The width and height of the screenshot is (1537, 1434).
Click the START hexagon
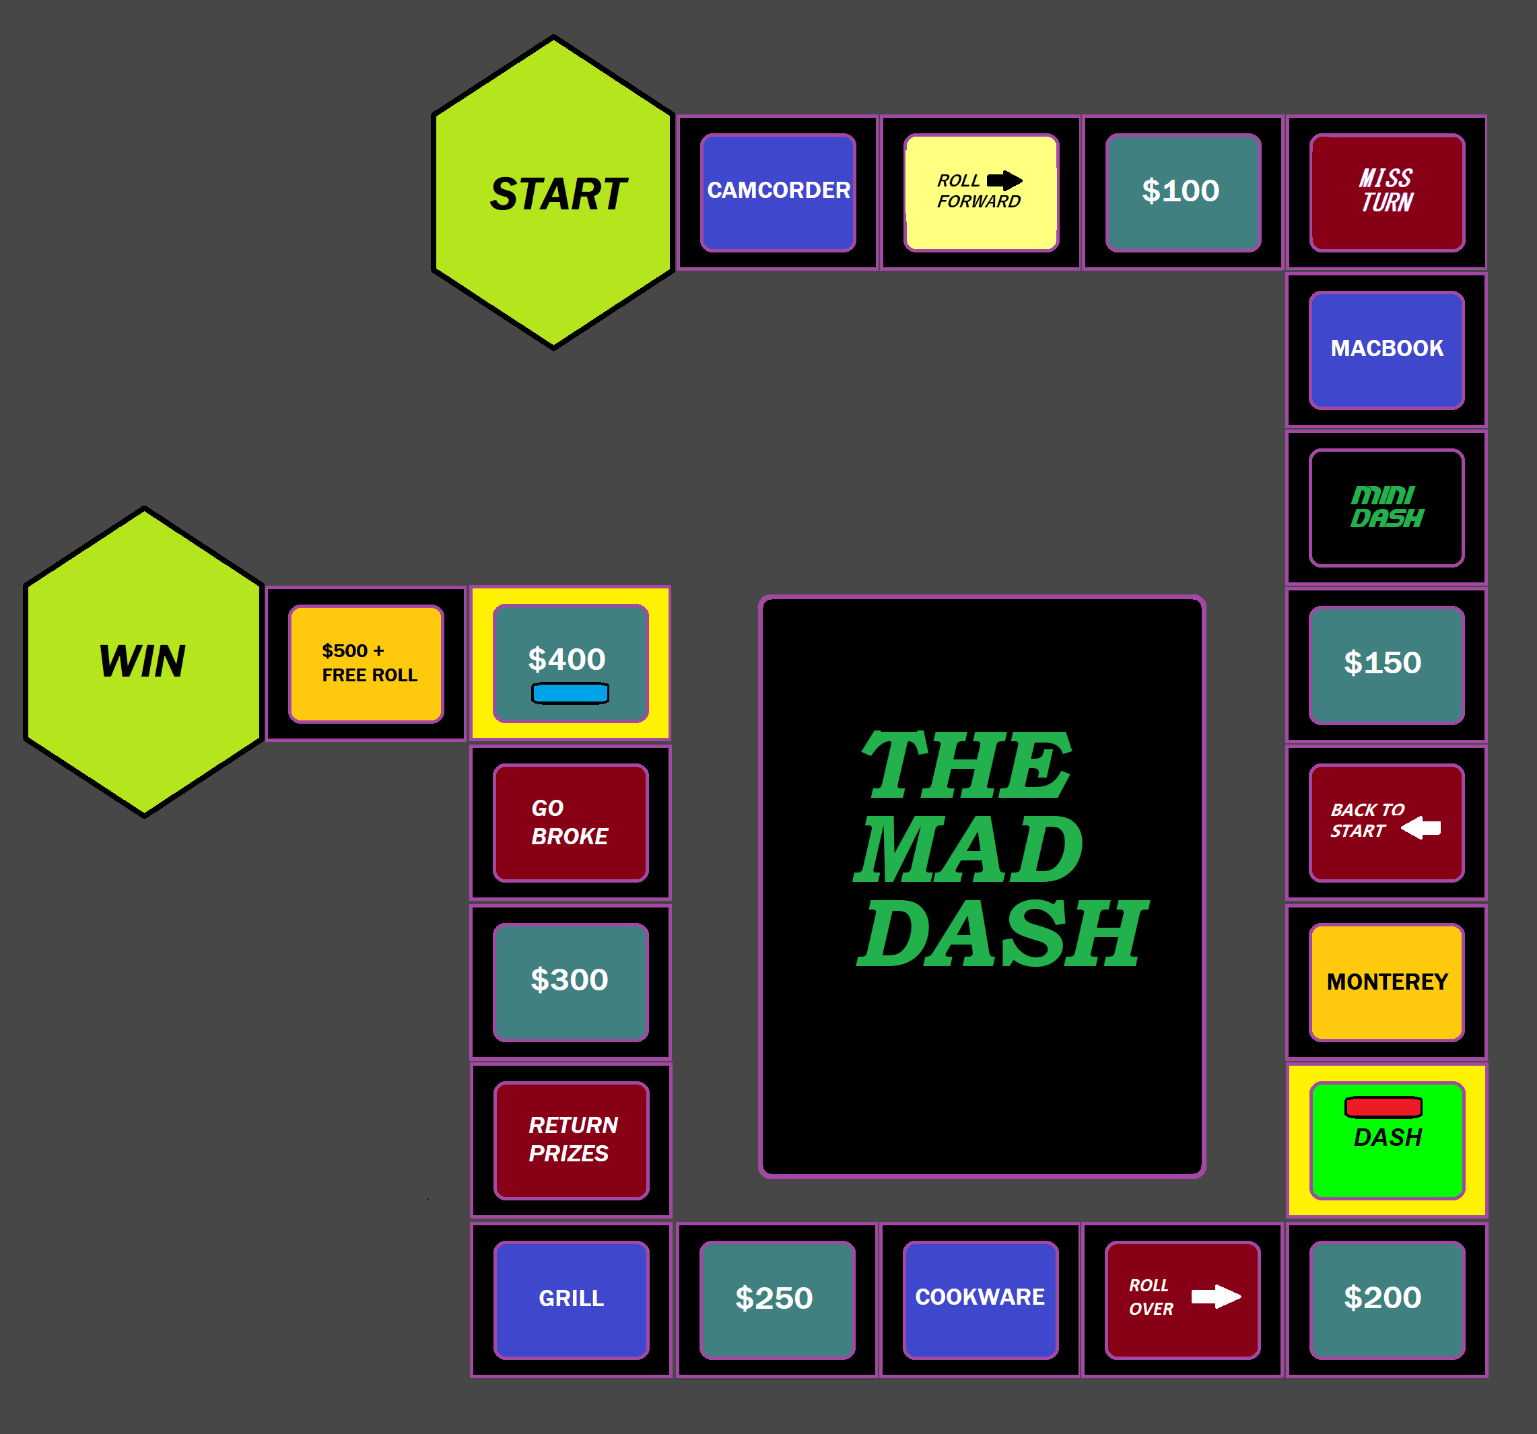tap(553, 193)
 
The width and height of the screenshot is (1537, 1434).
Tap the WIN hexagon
tap(144, 662)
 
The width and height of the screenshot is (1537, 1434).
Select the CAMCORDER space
tap(778, 193)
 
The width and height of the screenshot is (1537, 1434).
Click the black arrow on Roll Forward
tap(1004, 181)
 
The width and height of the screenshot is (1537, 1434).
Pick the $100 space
tap(1183, 193)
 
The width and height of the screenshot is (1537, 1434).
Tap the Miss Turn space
tap(1387, 193)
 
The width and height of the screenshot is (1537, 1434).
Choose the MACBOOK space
tap(1387, 350)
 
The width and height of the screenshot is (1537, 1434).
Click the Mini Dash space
tap(1387, 508)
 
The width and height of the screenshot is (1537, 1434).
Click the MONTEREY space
tap(1387, 982)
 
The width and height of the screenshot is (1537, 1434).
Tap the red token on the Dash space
tap(1383, 1107)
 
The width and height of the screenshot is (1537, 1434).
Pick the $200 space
tap(1387, 1299)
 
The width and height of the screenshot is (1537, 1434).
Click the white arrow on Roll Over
tap(1215, 1297)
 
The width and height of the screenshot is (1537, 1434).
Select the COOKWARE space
tap(980, 1299)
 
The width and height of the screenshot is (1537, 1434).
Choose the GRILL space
tap(572, 1299)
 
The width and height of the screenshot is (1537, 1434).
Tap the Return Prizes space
tap(572, 1140)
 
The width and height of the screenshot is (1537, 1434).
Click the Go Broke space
tap(571, 823)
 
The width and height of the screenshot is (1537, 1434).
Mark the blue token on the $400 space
tap(570, 693)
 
